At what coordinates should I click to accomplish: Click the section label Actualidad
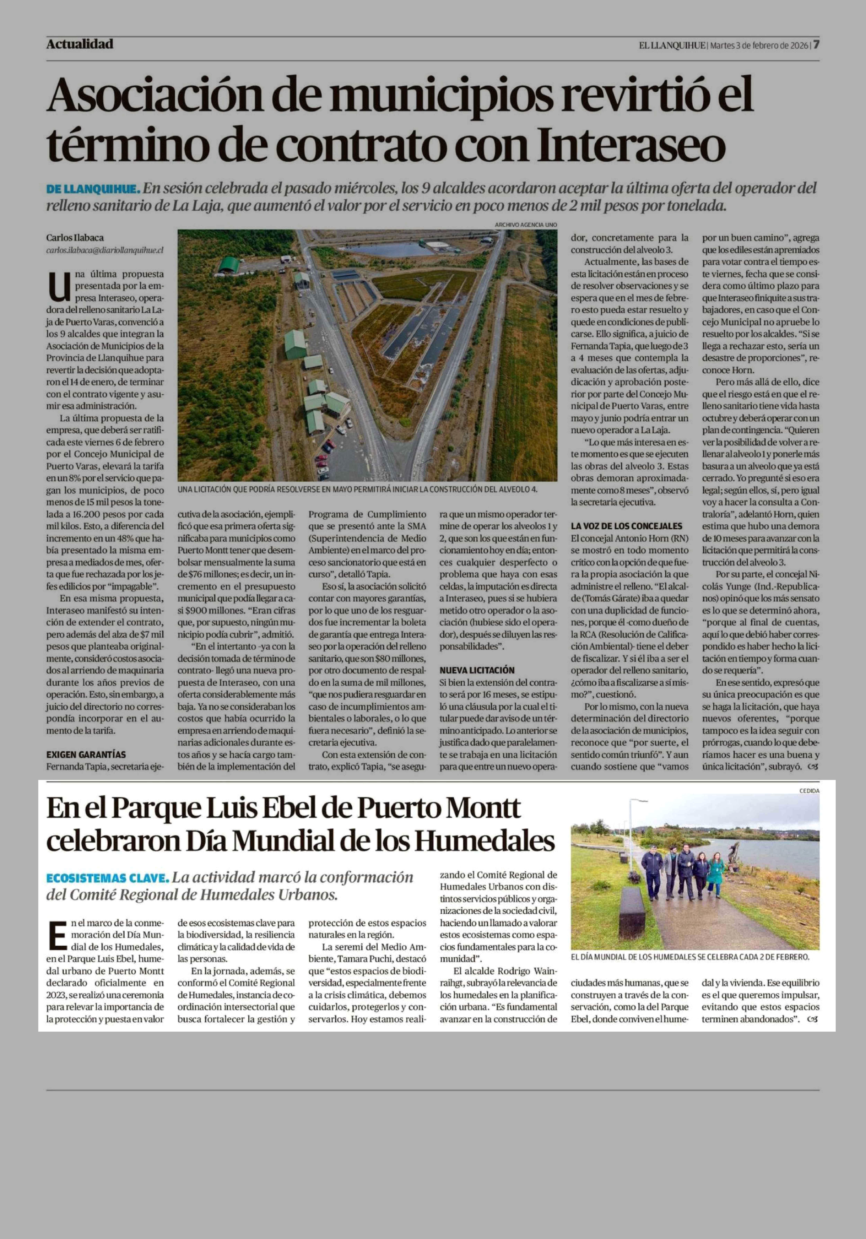click(x=80, y=44)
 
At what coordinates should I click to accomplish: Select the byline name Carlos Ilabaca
click(x=75, y=238)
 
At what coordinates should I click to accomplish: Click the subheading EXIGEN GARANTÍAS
click(x=86, y=754)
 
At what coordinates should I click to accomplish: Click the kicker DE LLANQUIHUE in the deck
click(x=93, y=189)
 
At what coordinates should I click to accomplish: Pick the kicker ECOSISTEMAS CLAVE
click(x=107, y=878)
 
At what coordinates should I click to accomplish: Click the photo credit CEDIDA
click(x=809, y=791)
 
